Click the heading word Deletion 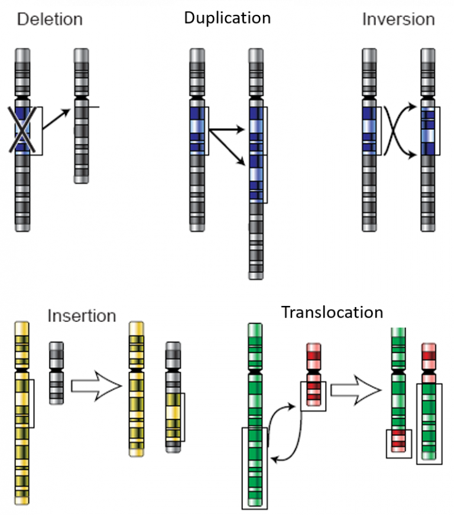pos(50,19)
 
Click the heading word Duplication pos(227,18)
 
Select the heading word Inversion pos(398,19)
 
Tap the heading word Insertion pos(82,315)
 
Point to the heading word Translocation pos(332,312)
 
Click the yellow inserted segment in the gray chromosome pos(173,416)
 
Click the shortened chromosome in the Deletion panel pos(81,118)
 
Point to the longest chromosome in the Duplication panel pos(256,165)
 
